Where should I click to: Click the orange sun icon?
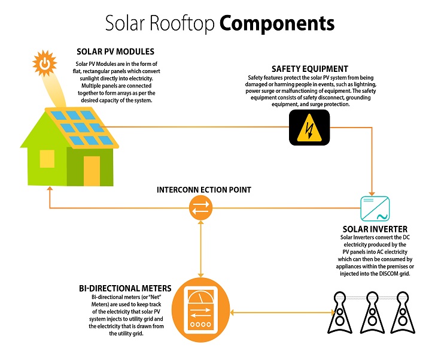(44, 62)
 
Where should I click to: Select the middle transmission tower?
(372, 312)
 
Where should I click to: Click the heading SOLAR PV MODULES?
(114, 52)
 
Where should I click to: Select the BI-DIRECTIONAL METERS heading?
(124, 288)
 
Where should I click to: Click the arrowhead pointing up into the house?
(48, 187)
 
